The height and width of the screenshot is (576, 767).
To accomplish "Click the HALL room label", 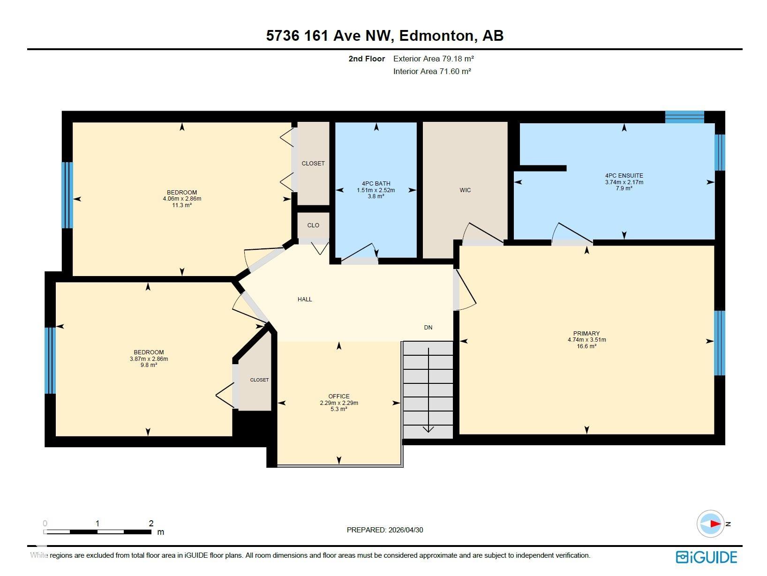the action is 305,299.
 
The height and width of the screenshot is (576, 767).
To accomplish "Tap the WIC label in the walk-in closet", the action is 465,190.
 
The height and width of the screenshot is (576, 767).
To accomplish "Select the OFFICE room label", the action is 339,396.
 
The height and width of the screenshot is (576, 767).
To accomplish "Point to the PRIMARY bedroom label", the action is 587,333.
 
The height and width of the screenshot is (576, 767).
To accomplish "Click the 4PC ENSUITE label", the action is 624,176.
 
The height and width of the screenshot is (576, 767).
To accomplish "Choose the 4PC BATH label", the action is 376,183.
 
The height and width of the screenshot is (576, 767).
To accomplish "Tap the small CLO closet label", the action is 313,225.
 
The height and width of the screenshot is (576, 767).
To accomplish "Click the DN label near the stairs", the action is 428,327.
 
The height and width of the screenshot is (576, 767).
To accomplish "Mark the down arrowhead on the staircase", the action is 429,429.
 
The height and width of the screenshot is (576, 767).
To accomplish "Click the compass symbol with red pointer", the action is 710,524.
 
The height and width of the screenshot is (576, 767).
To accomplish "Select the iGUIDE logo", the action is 707,557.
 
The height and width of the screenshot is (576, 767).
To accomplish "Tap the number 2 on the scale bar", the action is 151,523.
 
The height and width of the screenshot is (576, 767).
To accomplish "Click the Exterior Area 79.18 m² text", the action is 433,59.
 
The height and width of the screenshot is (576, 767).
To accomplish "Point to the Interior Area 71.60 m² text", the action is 432,71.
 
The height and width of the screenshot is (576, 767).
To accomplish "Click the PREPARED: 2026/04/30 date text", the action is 385,530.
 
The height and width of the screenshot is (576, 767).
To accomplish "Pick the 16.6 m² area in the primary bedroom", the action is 587,346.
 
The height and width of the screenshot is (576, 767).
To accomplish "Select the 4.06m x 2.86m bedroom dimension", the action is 182,199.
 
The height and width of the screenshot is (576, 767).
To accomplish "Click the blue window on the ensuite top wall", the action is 684,117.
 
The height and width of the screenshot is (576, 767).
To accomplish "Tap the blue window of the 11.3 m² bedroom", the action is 67,195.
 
